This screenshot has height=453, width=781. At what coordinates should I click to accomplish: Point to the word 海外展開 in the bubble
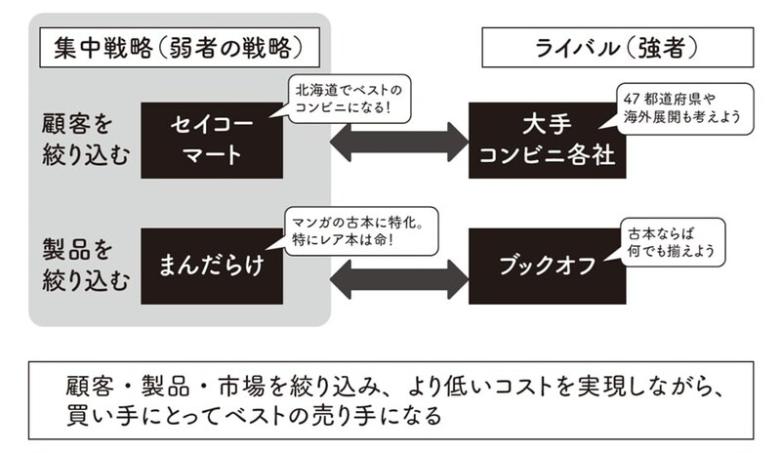654,116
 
